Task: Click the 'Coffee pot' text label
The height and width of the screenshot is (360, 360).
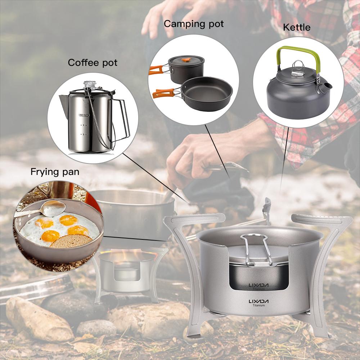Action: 93,63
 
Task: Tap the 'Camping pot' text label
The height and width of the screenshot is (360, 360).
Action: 194,24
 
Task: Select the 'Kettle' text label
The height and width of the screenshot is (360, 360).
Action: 296,27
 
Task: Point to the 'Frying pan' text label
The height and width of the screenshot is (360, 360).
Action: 55,172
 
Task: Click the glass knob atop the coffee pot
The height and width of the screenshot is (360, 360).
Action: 89,85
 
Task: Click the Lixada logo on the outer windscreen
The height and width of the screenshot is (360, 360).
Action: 258,302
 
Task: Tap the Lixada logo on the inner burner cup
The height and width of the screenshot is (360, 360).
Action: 258,285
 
